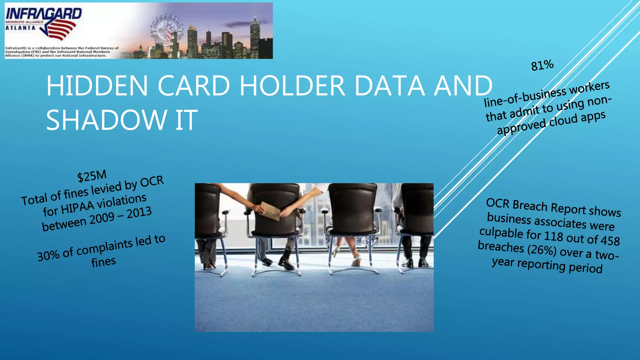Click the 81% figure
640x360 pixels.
click(542, 65)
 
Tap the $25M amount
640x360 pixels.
click(92, 176)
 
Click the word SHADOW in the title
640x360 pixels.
click(106, 120)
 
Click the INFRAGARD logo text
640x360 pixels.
click(44, 14)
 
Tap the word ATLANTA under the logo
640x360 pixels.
click(20, 28)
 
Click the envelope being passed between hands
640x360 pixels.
click(270, 211)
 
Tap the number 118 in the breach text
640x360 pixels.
click(553, 236)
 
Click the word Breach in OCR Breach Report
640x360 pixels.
click(530, 205)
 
